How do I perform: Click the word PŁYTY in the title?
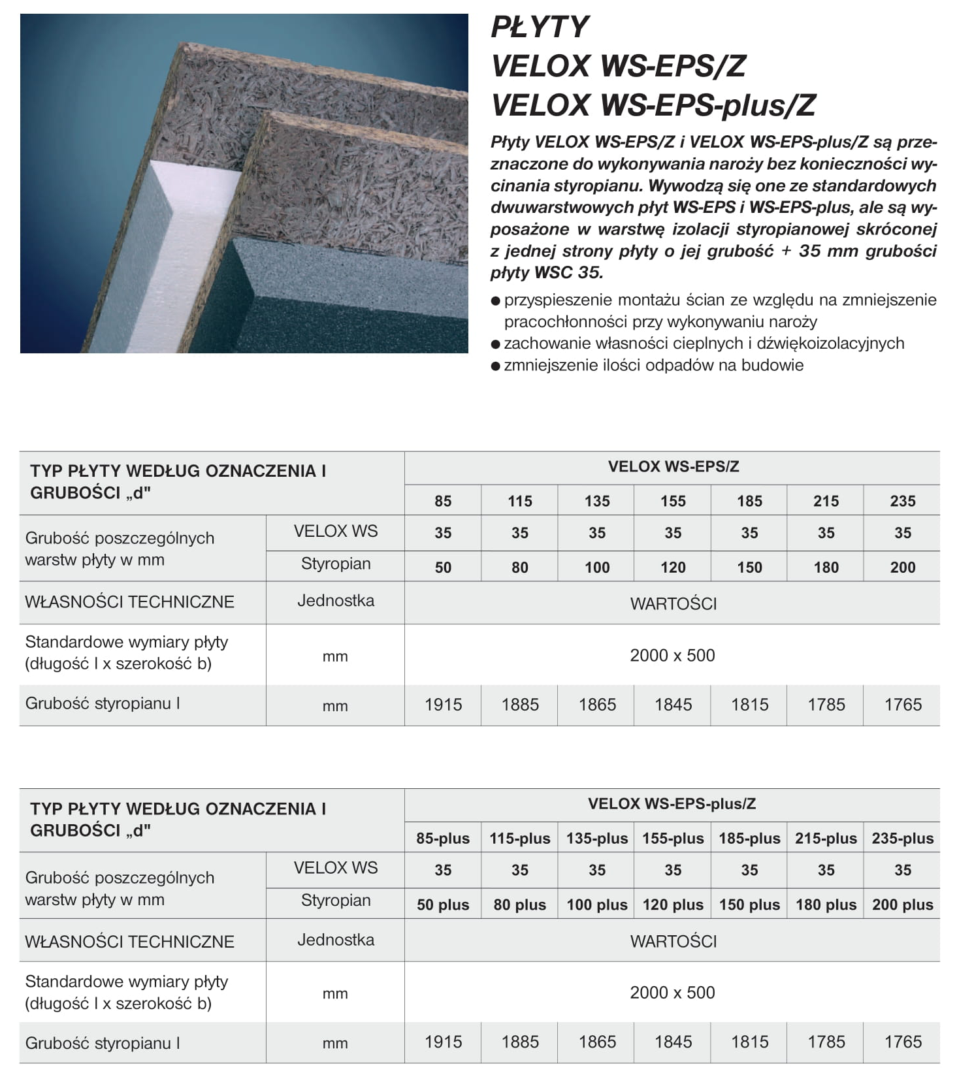540,27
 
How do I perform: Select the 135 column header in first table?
596,501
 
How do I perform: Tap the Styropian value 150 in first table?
749,568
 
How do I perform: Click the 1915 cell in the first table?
443,705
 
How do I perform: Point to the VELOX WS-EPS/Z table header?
673,467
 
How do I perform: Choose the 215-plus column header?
826,839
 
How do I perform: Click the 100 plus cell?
596,905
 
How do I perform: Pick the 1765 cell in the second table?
902,1042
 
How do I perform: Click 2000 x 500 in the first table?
672,656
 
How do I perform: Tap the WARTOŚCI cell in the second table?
673,941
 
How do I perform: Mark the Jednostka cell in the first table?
336,601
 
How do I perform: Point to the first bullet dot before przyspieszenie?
495,301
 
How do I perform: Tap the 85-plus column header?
443,839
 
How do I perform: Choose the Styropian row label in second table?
336,901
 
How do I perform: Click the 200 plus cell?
902,905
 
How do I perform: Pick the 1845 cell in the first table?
673,705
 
